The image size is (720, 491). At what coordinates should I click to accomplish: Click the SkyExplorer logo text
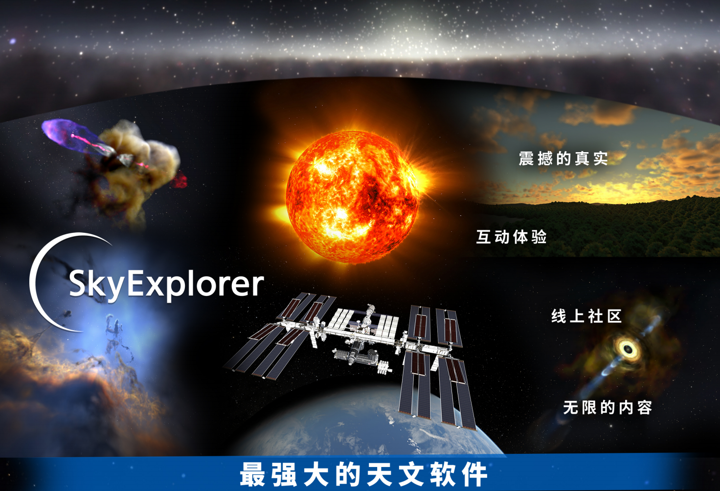tap(166, 285)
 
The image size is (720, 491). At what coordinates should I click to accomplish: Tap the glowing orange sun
tap(352, 197)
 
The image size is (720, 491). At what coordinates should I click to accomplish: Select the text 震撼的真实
tap(563, 158)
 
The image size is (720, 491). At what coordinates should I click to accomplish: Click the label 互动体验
tap(512, 237)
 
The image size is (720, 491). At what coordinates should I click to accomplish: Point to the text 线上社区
tap(586, 316)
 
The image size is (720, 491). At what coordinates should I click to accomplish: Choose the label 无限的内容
tap(607, 407)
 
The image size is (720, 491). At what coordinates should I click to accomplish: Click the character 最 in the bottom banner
tap(252, 474)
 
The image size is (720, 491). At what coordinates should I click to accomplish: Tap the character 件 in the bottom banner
tap(475, 474)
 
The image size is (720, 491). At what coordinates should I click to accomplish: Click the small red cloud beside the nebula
tap(179, 180)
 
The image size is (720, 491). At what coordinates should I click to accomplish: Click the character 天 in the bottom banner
tap(379, 474)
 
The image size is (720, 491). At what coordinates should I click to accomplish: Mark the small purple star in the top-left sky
tap(12, 41)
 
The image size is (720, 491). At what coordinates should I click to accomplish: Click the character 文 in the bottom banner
tap(411, 474)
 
